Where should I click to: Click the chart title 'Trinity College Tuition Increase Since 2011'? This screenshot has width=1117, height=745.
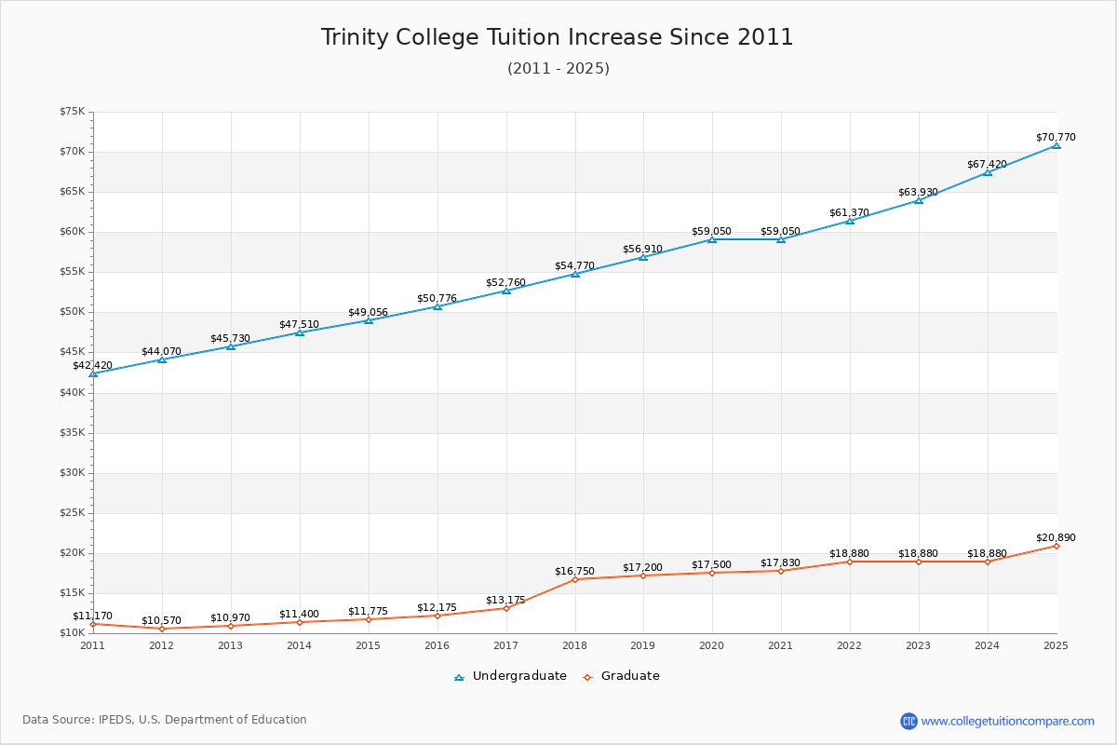click(558, 37)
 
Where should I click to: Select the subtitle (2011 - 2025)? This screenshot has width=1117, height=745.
click(558, 69)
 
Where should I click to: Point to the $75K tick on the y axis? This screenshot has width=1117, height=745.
click(72, 112)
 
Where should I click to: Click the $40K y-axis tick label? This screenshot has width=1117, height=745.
click(72, 392)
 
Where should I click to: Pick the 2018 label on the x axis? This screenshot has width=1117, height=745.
click(574, 645)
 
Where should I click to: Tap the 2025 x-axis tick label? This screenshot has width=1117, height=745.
click(1056, 645)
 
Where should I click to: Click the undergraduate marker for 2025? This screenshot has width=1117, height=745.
click(1056, 145)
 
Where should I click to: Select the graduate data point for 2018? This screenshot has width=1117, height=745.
click(574, 579)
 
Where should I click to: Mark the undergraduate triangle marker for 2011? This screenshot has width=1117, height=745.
click(93, 373)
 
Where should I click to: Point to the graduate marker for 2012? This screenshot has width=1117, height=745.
click(162, 629)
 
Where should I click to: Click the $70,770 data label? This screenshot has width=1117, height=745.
click(1056, 137)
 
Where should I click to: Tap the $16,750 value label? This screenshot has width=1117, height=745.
click(574, 571)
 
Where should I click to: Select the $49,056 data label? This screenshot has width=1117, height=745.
click(368, 312)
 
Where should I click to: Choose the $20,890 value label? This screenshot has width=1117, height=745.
click(1056, 537)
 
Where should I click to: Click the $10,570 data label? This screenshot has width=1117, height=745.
click(162, 620)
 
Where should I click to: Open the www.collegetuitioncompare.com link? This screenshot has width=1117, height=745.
click(1007, 721)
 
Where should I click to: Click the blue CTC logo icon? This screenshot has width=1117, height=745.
click(908, 721)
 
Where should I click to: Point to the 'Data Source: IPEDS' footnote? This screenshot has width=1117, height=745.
click(165, 720)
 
